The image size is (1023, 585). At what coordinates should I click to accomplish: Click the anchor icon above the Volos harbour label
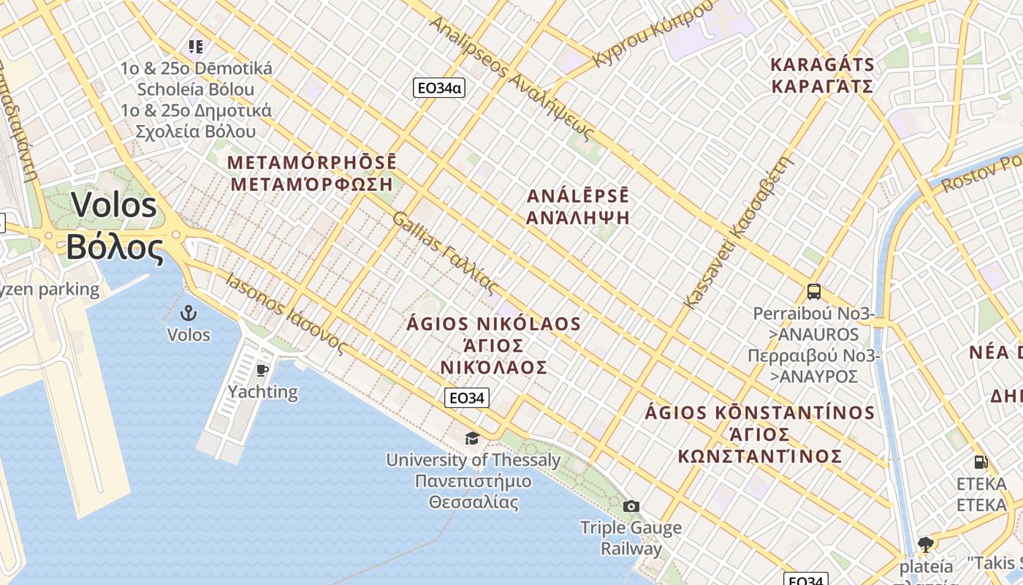(189, 313)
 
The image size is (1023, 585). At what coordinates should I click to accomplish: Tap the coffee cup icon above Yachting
(262, 370)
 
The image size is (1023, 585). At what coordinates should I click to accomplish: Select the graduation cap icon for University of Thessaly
(473, 438)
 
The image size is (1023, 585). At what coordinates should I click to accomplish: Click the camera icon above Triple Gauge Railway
(631, 506)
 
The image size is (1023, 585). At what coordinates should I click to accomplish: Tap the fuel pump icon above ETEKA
(981, 462)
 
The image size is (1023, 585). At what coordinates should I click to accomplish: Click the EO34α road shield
(439, 88)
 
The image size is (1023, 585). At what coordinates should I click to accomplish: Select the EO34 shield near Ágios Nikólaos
(467, 399)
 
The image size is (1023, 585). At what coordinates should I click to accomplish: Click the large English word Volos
(114, 205)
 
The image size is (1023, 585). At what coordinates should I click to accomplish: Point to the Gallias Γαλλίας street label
(444, 252)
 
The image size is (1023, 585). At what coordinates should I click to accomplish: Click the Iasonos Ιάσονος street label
(284, 314)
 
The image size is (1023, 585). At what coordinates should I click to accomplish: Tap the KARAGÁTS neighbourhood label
(822, 64)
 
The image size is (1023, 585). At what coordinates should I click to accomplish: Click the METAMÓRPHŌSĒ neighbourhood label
(312, 162)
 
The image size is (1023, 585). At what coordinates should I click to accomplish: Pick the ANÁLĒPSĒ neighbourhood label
(578, 196)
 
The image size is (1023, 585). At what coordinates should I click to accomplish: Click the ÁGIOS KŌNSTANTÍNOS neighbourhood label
(760, 412)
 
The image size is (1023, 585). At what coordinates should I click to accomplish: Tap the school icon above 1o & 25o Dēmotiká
(195, 48)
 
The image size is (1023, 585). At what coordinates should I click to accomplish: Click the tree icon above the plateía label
(925, 544)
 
